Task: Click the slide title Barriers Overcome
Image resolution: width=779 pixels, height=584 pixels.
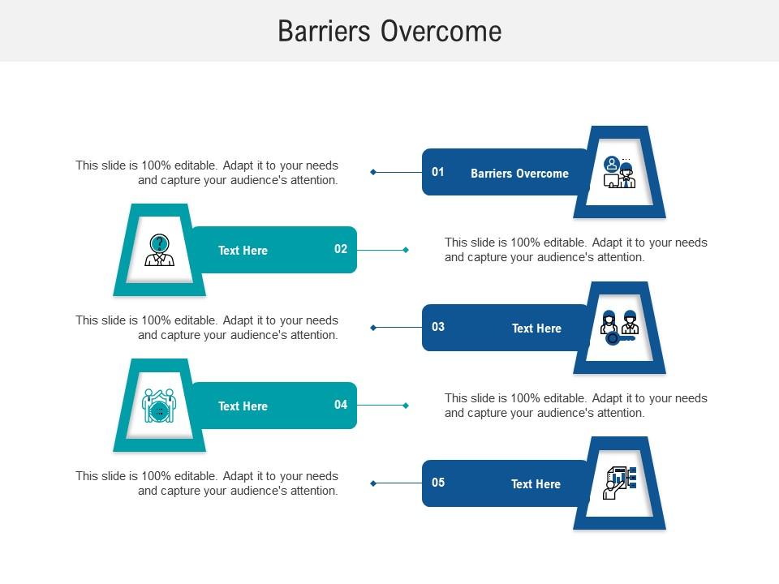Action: [389, 31]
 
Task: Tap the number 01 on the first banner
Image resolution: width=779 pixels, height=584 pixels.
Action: [438, 172]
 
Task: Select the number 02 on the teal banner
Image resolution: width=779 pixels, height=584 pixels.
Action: [341, 249]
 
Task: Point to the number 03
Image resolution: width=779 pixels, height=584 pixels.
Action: [438, 327]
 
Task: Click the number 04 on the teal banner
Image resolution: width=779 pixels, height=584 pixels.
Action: [341, 405]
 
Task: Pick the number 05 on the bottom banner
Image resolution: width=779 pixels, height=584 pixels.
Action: [438, 483]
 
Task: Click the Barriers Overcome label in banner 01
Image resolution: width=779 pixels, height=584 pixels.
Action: [519, 174]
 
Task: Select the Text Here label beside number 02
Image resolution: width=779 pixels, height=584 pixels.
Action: [243, 251]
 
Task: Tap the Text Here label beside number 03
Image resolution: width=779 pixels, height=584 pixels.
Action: [536, 328]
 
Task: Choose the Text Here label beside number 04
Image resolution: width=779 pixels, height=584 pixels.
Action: [243, 406]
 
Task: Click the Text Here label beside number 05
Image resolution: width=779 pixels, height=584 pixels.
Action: [536, 484]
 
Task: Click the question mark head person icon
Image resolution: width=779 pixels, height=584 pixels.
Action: [159, 250]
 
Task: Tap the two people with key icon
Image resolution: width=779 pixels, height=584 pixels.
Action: [619, 327]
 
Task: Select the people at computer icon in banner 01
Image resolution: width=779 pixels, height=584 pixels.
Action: [619, 172]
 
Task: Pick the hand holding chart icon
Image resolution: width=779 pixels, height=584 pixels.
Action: [619, 483]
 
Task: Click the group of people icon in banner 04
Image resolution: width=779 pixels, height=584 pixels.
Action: [159, 405]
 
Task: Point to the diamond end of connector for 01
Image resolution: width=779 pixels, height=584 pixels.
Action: [373, 172]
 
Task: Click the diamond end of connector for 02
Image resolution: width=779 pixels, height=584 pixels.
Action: [406, 250]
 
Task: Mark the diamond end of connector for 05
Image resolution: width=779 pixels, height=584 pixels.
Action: [373, 483]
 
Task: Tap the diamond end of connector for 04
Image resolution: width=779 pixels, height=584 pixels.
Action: [406, 406]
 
